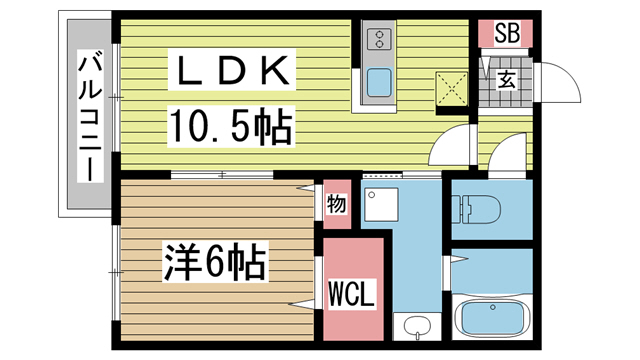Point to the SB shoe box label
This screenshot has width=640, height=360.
pyautogui.click(x=505, y=34)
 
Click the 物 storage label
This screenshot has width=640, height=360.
pyautogui.click(x=335, y=206)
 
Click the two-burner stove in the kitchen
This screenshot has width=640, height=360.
pyautogui.click(x=380, y=40)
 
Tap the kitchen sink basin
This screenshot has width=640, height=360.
pyautogui.click(x=380, y=82)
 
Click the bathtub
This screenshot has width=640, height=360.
pyautogui.click(x=496, y=319)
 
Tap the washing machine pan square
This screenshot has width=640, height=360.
pyautogui.click(x=382, y=206)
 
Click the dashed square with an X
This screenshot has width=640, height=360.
pyautogui.click(x=452, y=89)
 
